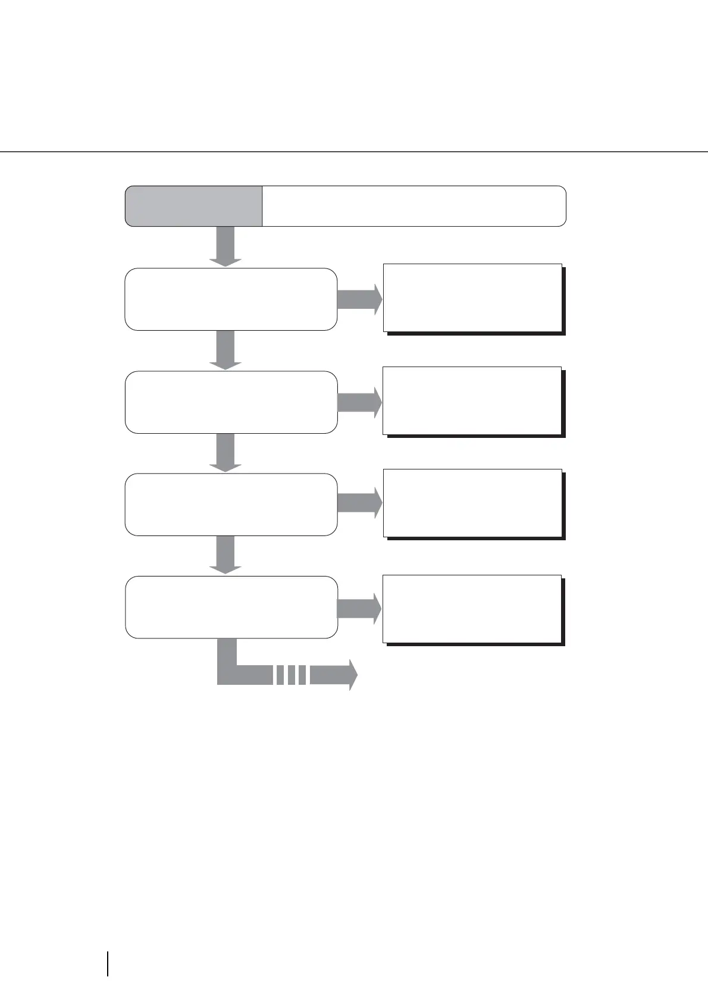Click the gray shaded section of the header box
pos(194,206)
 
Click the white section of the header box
pos(413,206)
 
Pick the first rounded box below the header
pos(231,299)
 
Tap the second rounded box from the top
pos(231,402)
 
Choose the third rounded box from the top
pos(231,505)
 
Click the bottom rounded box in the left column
pos(231,607)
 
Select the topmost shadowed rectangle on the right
pos(472,298)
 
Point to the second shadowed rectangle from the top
pos(472,400)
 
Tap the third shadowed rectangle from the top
pos(472,503)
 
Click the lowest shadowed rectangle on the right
pos(472,609)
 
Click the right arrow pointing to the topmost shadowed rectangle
pos(359,299)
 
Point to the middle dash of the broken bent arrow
pos(292,675)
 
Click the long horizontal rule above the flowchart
pos(354,152)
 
